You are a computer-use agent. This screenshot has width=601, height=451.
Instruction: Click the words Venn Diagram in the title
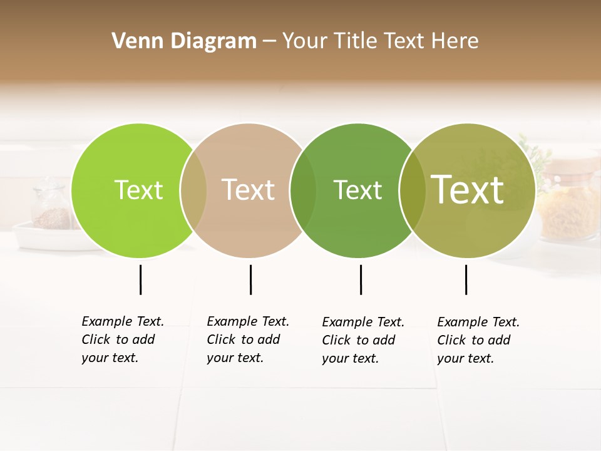point(184,41)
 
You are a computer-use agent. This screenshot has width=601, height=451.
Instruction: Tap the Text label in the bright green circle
point(138,190)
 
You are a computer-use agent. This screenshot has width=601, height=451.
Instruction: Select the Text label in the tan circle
point(249,190)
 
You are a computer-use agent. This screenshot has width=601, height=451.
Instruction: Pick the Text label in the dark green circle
point(357,190)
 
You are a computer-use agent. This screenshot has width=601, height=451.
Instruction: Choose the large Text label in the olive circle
point(468,189)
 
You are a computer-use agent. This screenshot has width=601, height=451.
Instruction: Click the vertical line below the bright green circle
point(140,279)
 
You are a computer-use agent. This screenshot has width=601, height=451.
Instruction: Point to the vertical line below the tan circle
point(250,279)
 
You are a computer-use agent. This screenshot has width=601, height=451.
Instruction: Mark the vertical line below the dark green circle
point(361,279)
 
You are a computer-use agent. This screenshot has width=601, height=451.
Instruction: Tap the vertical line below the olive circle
point(466,279)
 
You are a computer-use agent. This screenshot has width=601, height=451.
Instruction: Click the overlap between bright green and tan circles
point(193,190)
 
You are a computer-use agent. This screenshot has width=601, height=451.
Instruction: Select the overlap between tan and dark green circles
point(303,190)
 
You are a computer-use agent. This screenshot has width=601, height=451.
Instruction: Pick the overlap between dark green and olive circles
point(413,190)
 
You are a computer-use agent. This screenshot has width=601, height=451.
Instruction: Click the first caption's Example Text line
point(123,321)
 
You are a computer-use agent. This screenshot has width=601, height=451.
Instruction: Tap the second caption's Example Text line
point(248,321)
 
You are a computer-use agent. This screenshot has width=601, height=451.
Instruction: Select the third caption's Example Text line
point(363,322)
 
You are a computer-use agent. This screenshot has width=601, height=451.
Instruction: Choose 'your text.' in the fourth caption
point(466,358)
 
